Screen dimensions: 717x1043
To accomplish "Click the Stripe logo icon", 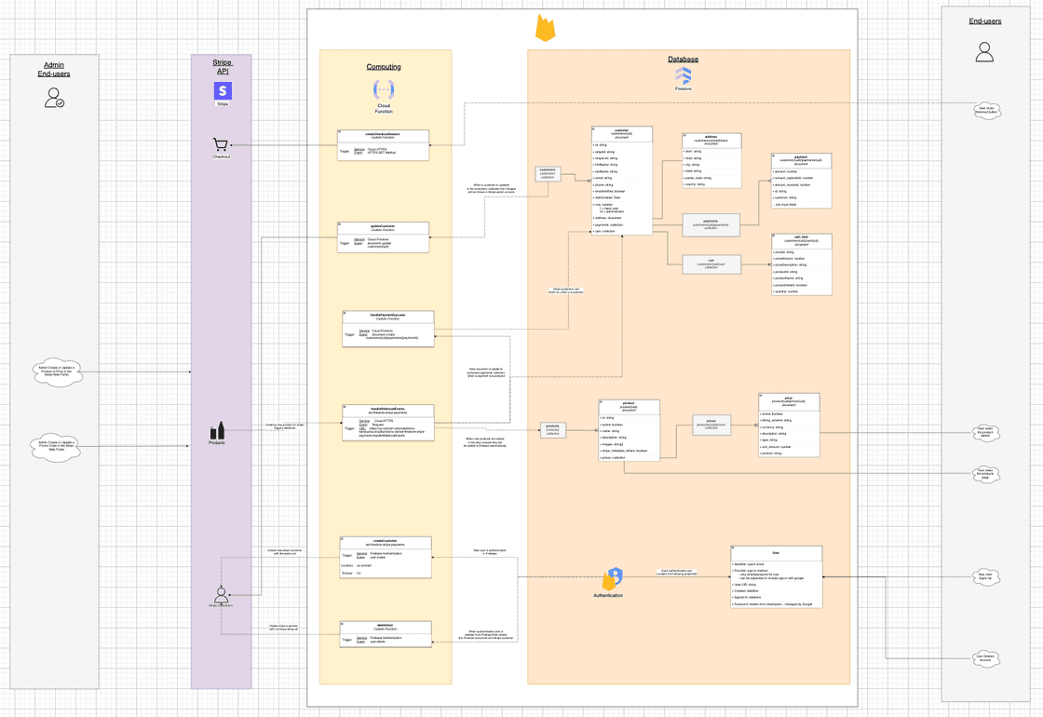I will click(x=223, y=90).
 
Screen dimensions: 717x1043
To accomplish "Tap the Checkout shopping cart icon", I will click(x=221, y=145).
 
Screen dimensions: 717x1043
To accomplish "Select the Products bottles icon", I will click(x=217, y=430).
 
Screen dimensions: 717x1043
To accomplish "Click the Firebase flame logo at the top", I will click(x=545, y=28).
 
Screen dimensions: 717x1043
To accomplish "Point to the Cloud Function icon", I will click(x=384, y=88).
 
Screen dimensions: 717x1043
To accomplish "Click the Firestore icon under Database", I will click(x=683, y=75).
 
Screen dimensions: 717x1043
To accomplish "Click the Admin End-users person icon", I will click(x=54, y=97).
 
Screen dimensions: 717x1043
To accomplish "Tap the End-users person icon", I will click(x=984, y=52).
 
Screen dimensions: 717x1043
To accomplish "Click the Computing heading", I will click(x=384, y=67).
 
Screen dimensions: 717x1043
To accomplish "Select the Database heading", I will click(x=683, y=60).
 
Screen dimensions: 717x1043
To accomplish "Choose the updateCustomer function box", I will click(x=384, y=237).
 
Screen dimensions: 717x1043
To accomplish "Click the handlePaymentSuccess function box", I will click(x=388, y=329).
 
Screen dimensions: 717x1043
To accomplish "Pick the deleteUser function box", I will click(x=386, y=633).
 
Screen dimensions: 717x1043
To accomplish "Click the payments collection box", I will click(x=711, y=223).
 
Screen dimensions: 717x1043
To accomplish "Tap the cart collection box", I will click(x=711, y=264).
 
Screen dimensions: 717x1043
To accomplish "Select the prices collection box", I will click(x=711, y=425).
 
